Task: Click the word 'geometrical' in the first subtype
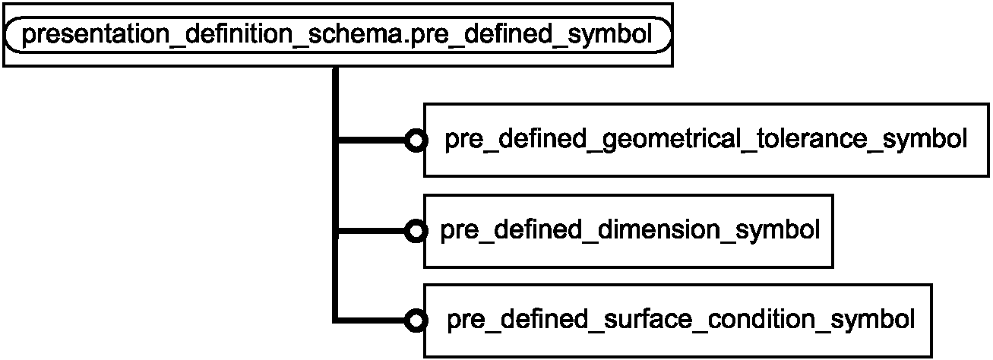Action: [x=671, y=140]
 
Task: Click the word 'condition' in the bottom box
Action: [x=761, y=319]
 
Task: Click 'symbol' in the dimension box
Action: [x=777, y=232]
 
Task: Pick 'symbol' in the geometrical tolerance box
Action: [x=925, y=140]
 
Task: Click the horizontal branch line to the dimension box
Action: [x=372, y=231]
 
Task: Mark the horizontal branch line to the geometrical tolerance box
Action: [x=372, y=141]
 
